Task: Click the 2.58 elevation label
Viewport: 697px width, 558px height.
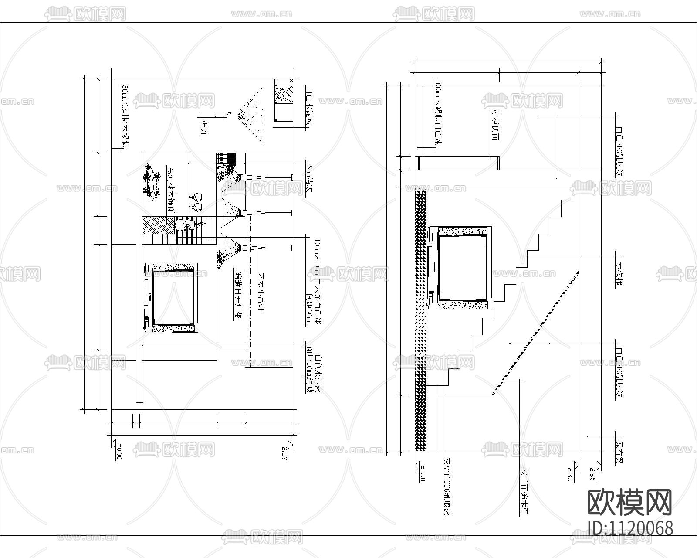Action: pos(285,453)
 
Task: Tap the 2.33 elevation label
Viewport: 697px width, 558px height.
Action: pos(570,473)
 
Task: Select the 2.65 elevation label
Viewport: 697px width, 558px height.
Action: pos(592,473)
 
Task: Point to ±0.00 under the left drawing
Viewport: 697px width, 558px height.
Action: pos(119,452)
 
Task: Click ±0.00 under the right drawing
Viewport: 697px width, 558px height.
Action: pos(422,473)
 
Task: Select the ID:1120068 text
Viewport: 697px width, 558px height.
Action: pos(630,528)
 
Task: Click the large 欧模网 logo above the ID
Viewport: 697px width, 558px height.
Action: pos(630,502)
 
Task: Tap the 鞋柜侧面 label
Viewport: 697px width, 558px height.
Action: pos(495,126)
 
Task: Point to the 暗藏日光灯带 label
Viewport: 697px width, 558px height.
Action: pos(238,301)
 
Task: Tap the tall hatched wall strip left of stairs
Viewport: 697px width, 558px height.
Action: pos(420,318)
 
